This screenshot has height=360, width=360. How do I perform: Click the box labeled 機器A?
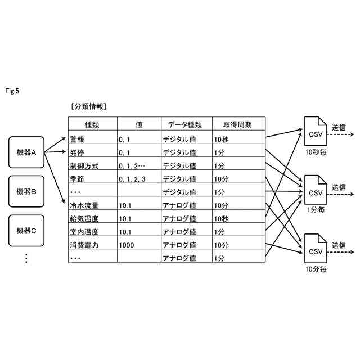(26, 152)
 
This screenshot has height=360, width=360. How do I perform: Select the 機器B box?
(26, 191)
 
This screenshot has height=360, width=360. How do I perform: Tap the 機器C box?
(26, 230)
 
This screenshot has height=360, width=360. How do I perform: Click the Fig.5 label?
(12, 90)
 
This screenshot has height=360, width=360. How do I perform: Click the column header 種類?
(92, 124)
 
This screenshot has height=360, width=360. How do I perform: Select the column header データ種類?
(186, 124)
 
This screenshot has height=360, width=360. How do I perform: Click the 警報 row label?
(77, 138)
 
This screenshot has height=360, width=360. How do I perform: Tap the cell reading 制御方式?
(84, 165)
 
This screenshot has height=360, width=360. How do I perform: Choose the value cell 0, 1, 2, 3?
(132, 179)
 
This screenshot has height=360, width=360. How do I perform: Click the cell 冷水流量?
(84, 205)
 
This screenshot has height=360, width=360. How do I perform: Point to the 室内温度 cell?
(84, 232)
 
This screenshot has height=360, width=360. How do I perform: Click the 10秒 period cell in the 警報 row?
(222, 138)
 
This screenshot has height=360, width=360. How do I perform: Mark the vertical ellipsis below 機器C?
(26, 258)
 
